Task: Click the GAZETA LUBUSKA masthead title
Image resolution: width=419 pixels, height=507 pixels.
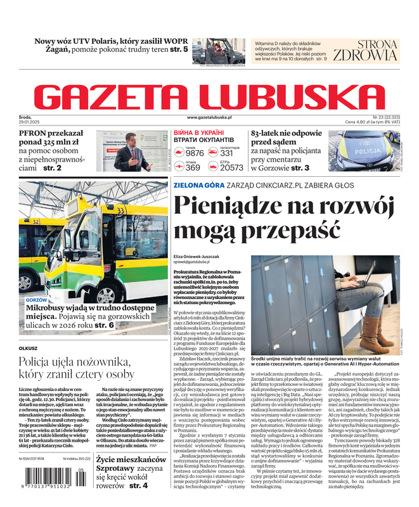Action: point(209,96)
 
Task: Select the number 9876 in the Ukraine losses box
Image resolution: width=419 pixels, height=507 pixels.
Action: point(194,153)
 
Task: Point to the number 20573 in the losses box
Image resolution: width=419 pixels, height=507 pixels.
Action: point(231,168)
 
